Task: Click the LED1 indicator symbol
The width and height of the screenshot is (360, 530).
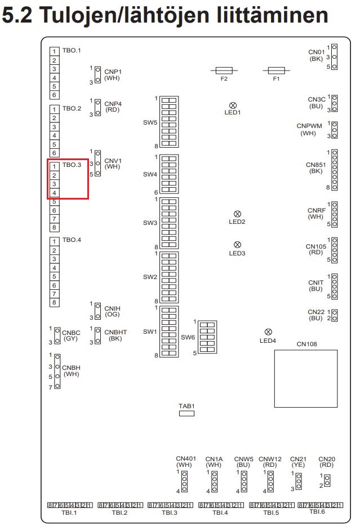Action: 232,105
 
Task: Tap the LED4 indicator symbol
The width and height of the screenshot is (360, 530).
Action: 268,332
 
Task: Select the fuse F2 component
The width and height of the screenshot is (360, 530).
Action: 224,71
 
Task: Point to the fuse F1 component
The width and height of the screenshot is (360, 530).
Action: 276,71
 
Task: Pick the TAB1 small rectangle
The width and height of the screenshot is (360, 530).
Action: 186,413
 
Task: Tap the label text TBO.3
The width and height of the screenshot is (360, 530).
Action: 72,166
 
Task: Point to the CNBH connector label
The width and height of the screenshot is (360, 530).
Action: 72,370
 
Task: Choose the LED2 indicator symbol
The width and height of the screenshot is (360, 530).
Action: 237,214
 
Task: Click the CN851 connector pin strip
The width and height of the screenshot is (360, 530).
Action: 335,170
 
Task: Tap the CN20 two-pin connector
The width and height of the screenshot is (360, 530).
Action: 327,480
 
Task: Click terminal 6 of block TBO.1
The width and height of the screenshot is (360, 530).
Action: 55,95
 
